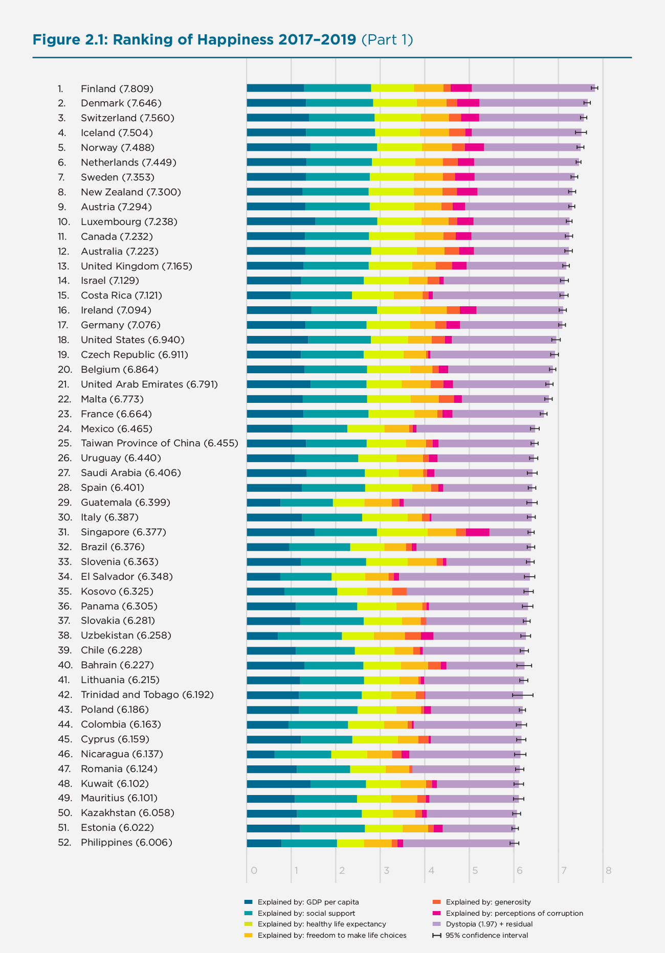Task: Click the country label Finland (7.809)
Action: click(x=117, y=88)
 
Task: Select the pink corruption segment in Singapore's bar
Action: click(x=477, y=532)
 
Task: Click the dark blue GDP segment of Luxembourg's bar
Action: click(x=280, y=221)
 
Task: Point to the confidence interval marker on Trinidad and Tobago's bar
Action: click(x=523, y=695)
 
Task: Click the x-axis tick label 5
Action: click(x=475, y=871)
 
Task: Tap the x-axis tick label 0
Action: click(x=254, y=871)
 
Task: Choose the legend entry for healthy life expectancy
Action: click(x=321, y=924)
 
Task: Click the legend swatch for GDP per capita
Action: click(x=249, y=902)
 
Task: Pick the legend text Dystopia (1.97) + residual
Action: click(x=489, y=924)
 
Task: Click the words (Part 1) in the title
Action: click(x=387, y=40)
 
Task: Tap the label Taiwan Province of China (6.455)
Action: click(x=160, y=443)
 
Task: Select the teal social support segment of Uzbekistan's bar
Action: click(x=309, y=636)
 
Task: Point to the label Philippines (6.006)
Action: click(x=126, y=843)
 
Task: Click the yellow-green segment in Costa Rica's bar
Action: click(x=372, y=296)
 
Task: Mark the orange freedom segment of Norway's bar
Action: click(x=437, y=147)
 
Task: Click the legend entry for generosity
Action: click(x=488, y=902)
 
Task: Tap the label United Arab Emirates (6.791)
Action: click(x=149, y=384)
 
